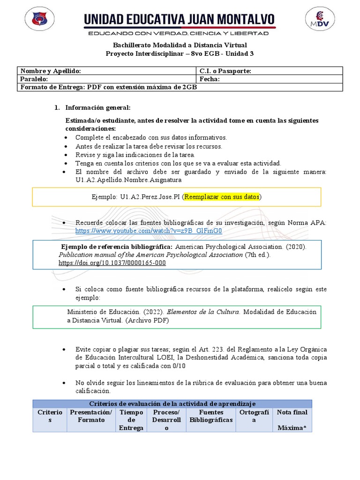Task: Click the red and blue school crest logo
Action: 39,21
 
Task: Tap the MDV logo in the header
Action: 320,21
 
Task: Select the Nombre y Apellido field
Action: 107,71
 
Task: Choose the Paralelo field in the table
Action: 107,79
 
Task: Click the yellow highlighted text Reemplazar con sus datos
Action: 222,197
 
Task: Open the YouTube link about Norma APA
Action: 149,231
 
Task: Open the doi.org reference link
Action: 112,263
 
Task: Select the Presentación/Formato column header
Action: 91,416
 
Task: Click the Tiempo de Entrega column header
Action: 131,420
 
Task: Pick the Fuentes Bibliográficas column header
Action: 211,416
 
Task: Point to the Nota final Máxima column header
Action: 292,420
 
